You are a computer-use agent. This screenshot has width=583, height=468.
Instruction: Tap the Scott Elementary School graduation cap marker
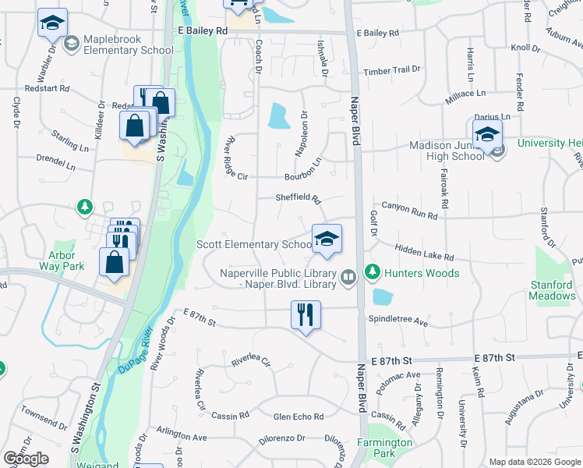(327, 239)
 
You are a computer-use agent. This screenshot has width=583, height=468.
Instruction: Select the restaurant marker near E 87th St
(306, 315)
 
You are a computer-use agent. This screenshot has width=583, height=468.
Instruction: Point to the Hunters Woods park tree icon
(373, 272)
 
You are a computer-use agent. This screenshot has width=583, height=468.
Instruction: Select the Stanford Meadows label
(552, 290)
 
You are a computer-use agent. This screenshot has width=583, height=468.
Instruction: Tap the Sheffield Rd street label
(299, 198)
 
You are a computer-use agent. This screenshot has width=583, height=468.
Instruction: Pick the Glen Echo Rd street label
(299, 417)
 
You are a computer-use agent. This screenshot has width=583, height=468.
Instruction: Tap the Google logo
(26, 459)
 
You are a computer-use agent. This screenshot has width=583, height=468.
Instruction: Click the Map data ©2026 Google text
(534, 462)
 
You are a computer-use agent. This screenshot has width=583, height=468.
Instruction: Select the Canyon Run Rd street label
(410, 212)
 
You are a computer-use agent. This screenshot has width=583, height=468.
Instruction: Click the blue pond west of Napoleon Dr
(278, 117)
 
